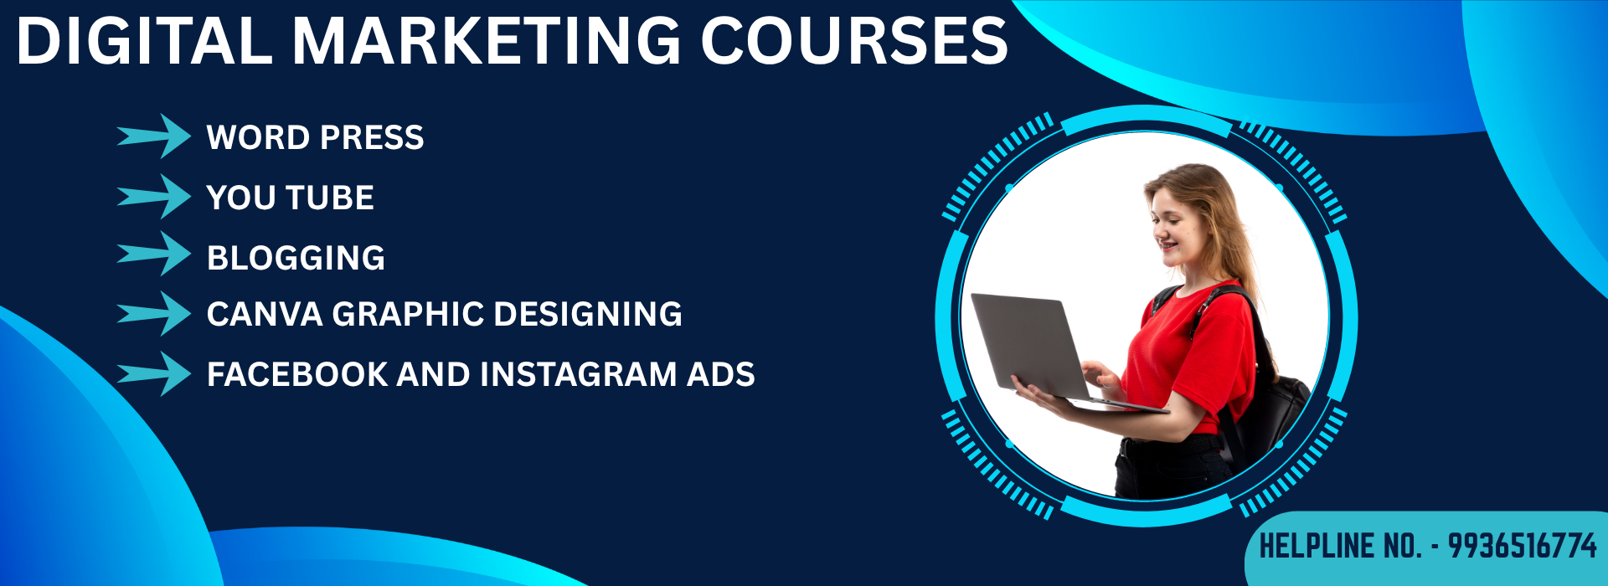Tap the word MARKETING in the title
[x=487, y=41]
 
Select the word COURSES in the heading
[x=854, y=41]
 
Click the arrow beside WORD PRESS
[x=154, y=136]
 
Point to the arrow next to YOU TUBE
[x=154, y=197]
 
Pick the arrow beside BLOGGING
[x=154, y=254]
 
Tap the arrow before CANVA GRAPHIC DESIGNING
[x=154, y=314]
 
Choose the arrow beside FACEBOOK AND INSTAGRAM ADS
[x=154, y=373]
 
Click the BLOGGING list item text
[x=296, y=258]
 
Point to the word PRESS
[x=372, y=137]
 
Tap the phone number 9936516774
[x=1523, y=546]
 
